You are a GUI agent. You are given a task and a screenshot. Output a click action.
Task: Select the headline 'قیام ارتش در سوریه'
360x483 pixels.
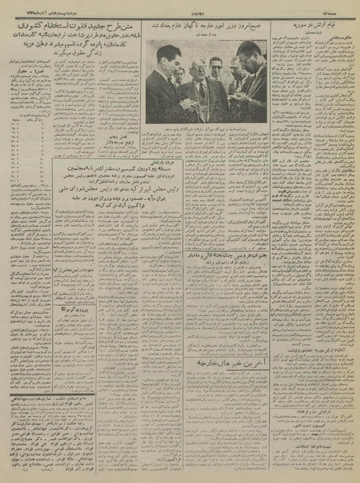(315, 25)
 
